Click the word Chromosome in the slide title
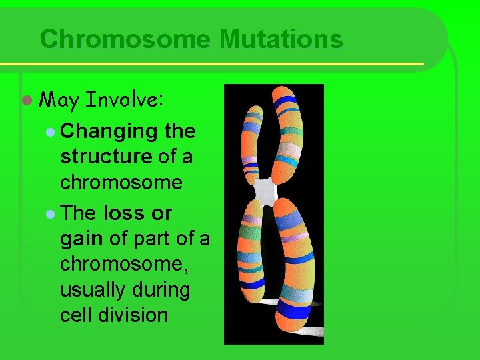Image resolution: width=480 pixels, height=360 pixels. [125, 39]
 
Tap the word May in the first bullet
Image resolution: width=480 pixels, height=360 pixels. [59, 101]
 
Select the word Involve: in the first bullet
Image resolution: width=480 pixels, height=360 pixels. [124, 101]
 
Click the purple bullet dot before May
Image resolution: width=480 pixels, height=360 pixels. [26, 101]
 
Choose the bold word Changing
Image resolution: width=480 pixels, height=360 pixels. [111, 131]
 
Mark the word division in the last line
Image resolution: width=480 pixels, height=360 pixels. [138, 315]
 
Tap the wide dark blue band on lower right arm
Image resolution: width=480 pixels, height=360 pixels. [293, 308]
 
